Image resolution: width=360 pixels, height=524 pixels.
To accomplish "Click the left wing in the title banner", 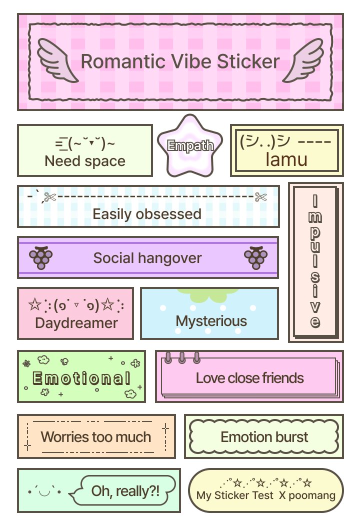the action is click(x=57, y=60).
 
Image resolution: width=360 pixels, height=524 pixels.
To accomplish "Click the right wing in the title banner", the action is click(x=303, y=60).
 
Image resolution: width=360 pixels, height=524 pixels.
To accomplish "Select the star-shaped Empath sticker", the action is click(x=190, y=146).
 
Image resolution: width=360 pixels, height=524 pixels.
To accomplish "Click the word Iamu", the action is click(x=286, y=159).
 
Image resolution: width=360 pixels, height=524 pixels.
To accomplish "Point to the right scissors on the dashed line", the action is click(x=260, y=197).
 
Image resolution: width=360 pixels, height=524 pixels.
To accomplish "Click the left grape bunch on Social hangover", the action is click(x=41, y=257).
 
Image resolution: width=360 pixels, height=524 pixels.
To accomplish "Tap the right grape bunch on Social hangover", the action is click(x=255, y=257).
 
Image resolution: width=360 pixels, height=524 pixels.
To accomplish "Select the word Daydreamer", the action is click(x=76, y=322).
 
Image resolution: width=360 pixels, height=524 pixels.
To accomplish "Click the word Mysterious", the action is click(x=211, y=320).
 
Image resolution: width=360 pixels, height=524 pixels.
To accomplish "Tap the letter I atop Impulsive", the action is click(x=314, y=201).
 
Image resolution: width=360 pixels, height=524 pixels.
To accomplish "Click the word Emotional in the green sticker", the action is click(x=81, y=378).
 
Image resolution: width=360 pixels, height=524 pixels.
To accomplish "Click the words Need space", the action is click(x=85, y=161).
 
